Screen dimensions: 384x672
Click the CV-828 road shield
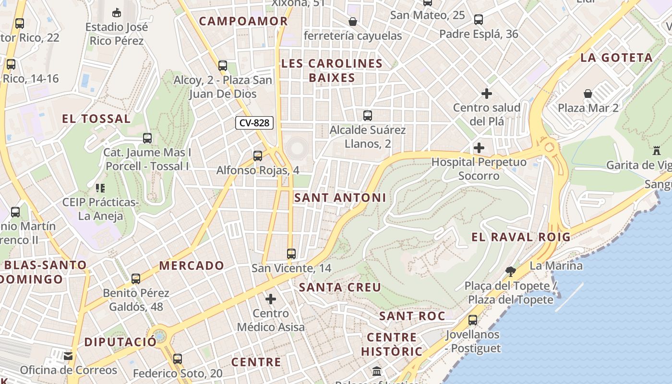[x=254, y=123]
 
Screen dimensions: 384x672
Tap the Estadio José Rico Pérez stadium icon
[x=116, y=12]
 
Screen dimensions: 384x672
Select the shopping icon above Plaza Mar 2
[x=588, y=93]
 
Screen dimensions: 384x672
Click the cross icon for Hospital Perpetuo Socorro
[x=479, y=147]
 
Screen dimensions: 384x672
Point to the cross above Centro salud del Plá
[x=487, y=93]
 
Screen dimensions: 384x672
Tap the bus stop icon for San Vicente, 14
[x=291, y=253]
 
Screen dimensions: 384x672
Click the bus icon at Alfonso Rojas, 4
[x=258, y=156]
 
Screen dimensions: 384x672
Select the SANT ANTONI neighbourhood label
[x=340, y=197]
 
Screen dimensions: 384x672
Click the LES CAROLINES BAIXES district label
[x=332, y=71]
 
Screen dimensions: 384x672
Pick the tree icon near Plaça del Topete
[x=511, y=272]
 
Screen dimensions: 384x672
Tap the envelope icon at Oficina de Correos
[x=68, y=356]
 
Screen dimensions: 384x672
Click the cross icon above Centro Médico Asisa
[x=271, y=299]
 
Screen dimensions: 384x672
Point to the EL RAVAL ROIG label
[x=521, y=237]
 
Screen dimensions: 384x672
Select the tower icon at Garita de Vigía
[x=657, y=151]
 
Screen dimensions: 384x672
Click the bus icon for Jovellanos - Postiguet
[x=473, y=320]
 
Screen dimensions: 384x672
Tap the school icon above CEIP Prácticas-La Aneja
[x=100, y=188]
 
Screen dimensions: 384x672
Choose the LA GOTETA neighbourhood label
[x=616, y=58]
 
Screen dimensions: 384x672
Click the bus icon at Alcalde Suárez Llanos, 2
[x=368, y=115]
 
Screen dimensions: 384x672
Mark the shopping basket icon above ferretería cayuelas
[x=353, y=22]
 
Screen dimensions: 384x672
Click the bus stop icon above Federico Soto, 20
[x=178, y=359]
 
